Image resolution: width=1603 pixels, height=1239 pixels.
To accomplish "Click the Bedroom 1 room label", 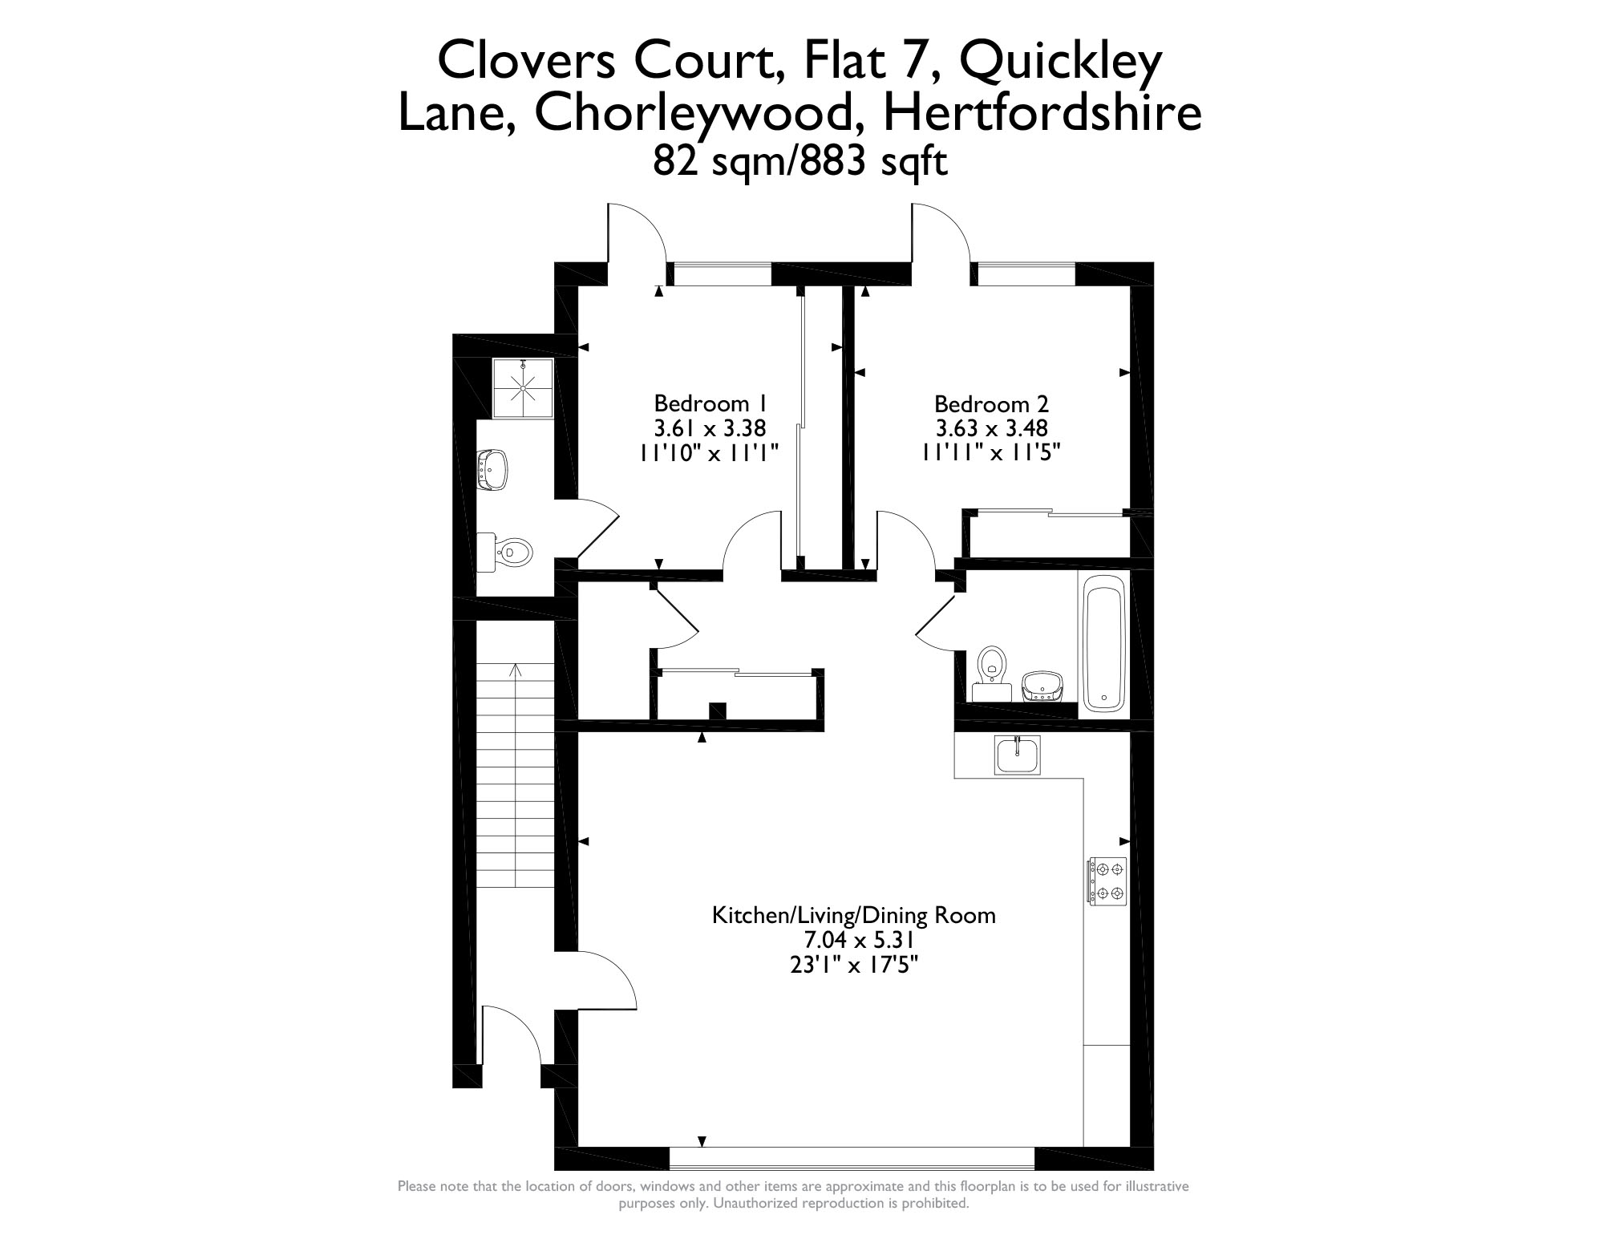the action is point(710,403).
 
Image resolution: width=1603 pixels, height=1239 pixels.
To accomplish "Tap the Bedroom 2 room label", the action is point(991,403).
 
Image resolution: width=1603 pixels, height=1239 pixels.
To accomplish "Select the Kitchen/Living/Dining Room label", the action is point(854,915).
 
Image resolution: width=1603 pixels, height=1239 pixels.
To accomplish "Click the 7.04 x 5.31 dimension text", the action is point(854,940).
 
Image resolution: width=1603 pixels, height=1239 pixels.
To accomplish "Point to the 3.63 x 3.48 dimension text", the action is point(991,428).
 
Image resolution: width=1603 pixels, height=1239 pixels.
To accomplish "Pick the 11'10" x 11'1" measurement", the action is point(710,453).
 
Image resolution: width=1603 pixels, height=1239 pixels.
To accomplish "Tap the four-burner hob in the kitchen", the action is point(1107,881).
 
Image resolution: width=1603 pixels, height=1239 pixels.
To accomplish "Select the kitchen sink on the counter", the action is point(1017,755).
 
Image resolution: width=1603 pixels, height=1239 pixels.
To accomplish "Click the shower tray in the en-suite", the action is point(523,388).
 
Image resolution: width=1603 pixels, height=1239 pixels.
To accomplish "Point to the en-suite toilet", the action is point(504,552).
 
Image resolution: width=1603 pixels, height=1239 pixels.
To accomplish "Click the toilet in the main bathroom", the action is point(992,674).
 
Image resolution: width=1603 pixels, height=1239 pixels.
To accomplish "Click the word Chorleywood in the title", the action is point(691,113).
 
